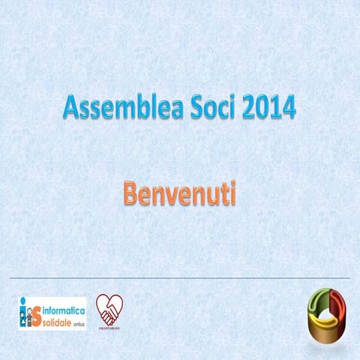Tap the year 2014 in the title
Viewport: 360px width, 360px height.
point(269,109)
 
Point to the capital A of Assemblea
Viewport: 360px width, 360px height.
point(70,109)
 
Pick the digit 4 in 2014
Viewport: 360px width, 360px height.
point(288,109)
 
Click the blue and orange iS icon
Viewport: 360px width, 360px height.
point(28,313)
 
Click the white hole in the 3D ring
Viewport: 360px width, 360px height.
point(329,307)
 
